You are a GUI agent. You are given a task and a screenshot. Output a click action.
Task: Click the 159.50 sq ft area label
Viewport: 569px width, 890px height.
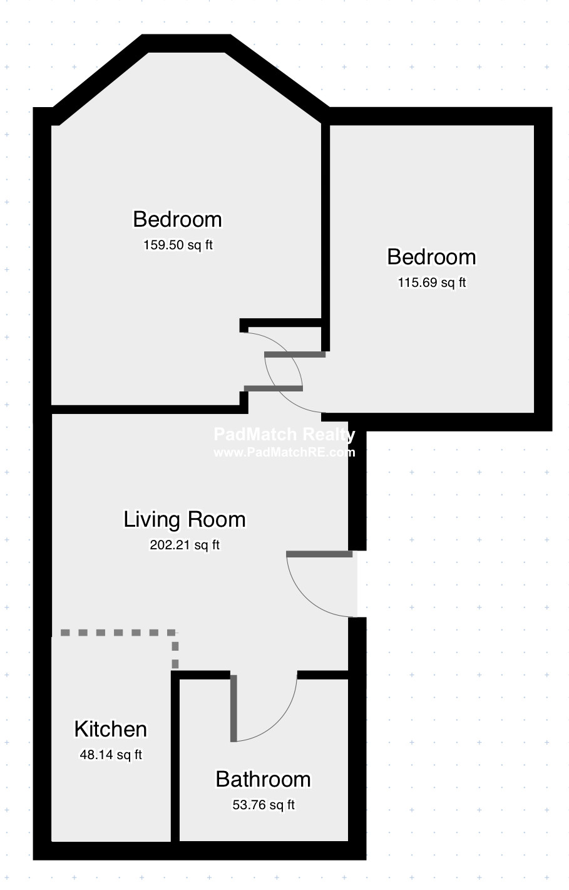pos(178,245)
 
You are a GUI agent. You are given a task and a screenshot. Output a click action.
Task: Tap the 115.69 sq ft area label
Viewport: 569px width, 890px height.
pos(432,282)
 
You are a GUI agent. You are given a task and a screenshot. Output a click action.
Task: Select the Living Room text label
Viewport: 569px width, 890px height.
pos(185,519)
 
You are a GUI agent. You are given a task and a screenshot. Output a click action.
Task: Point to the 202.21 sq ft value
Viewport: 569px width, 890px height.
pos(185,545)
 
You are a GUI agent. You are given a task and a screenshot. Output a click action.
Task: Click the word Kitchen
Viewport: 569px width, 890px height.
pos(111,729)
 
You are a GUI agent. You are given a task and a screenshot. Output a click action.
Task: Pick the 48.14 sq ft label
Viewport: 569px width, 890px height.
pos(111,755)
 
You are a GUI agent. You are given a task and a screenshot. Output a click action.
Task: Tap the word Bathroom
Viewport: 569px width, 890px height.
pos(264,779)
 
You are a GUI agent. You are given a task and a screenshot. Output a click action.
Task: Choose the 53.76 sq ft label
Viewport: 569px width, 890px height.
pos(264,805)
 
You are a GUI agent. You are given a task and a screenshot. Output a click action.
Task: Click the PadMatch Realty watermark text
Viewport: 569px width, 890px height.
pos(284,434)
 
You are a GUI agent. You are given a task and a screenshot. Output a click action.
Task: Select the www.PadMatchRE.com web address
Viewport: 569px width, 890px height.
pos(284,452)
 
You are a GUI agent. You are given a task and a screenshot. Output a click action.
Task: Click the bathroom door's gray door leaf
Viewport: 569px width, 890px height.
pos(233,708)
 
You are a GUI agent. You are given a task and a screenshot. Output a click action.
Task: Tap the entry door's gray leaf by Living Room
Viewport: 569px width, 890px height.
pos(319,554)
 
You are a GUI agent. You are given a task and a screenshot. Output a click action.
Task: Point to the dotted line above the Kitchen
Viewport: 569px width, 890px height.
pos(119,633)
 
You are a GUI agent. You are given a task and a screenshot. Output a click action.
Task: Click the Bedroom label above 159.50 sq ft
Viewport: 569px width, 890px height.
pos(178,219)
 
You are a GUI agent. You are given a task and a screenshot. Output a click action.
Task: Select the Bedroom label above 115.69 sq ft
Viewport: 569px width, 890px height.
pos(432,257)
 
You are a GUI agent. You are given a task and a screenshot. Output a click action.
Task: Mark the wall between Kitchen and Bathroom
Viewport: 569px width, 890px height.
pos(175,756)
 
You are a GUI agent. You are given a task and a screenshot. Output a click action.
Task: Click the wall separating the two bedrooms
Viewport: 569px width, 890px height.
pos(326,237)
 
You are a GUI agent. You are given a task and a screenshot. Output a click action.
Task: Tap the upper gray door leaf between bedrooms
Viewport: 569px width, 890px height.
pos(295,354)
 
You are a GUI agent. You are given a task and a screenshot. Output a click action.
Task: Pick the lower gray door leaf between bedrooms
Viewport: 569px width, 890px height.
pos(273,388)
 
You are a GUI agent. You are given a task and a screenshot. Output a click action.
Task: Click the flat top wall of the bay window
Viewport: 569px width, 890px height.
pos(187,43)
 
